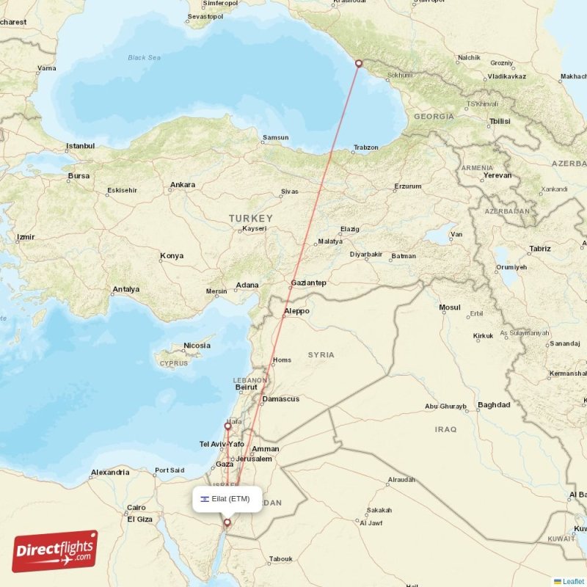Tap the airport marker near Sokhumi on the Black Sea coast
[x=359, y=63]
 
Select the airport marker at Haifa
[x=228, y=426]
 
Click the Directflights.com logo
[x=54, y=551]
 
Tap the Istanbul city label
[x=81, y=146]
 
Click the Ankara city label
[x=183, y=185]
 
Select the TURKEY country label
[x=250, y=219]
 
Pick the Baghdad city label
[x=494, y=404]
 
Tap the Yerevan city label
[x=497, y=175]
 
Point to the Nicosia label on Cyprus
[x=197, y=346]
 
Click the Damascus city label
[x=281, y=399]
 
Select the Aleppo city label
[x=296, y=311]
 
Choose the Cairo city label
[x=136, y=507]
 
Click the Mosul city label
[x=450, y=307]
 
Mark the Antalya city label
[x=126, y=289]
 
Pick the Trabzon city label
[x=366, y=147]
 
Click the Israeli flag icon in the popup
[x=205, y=499]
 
